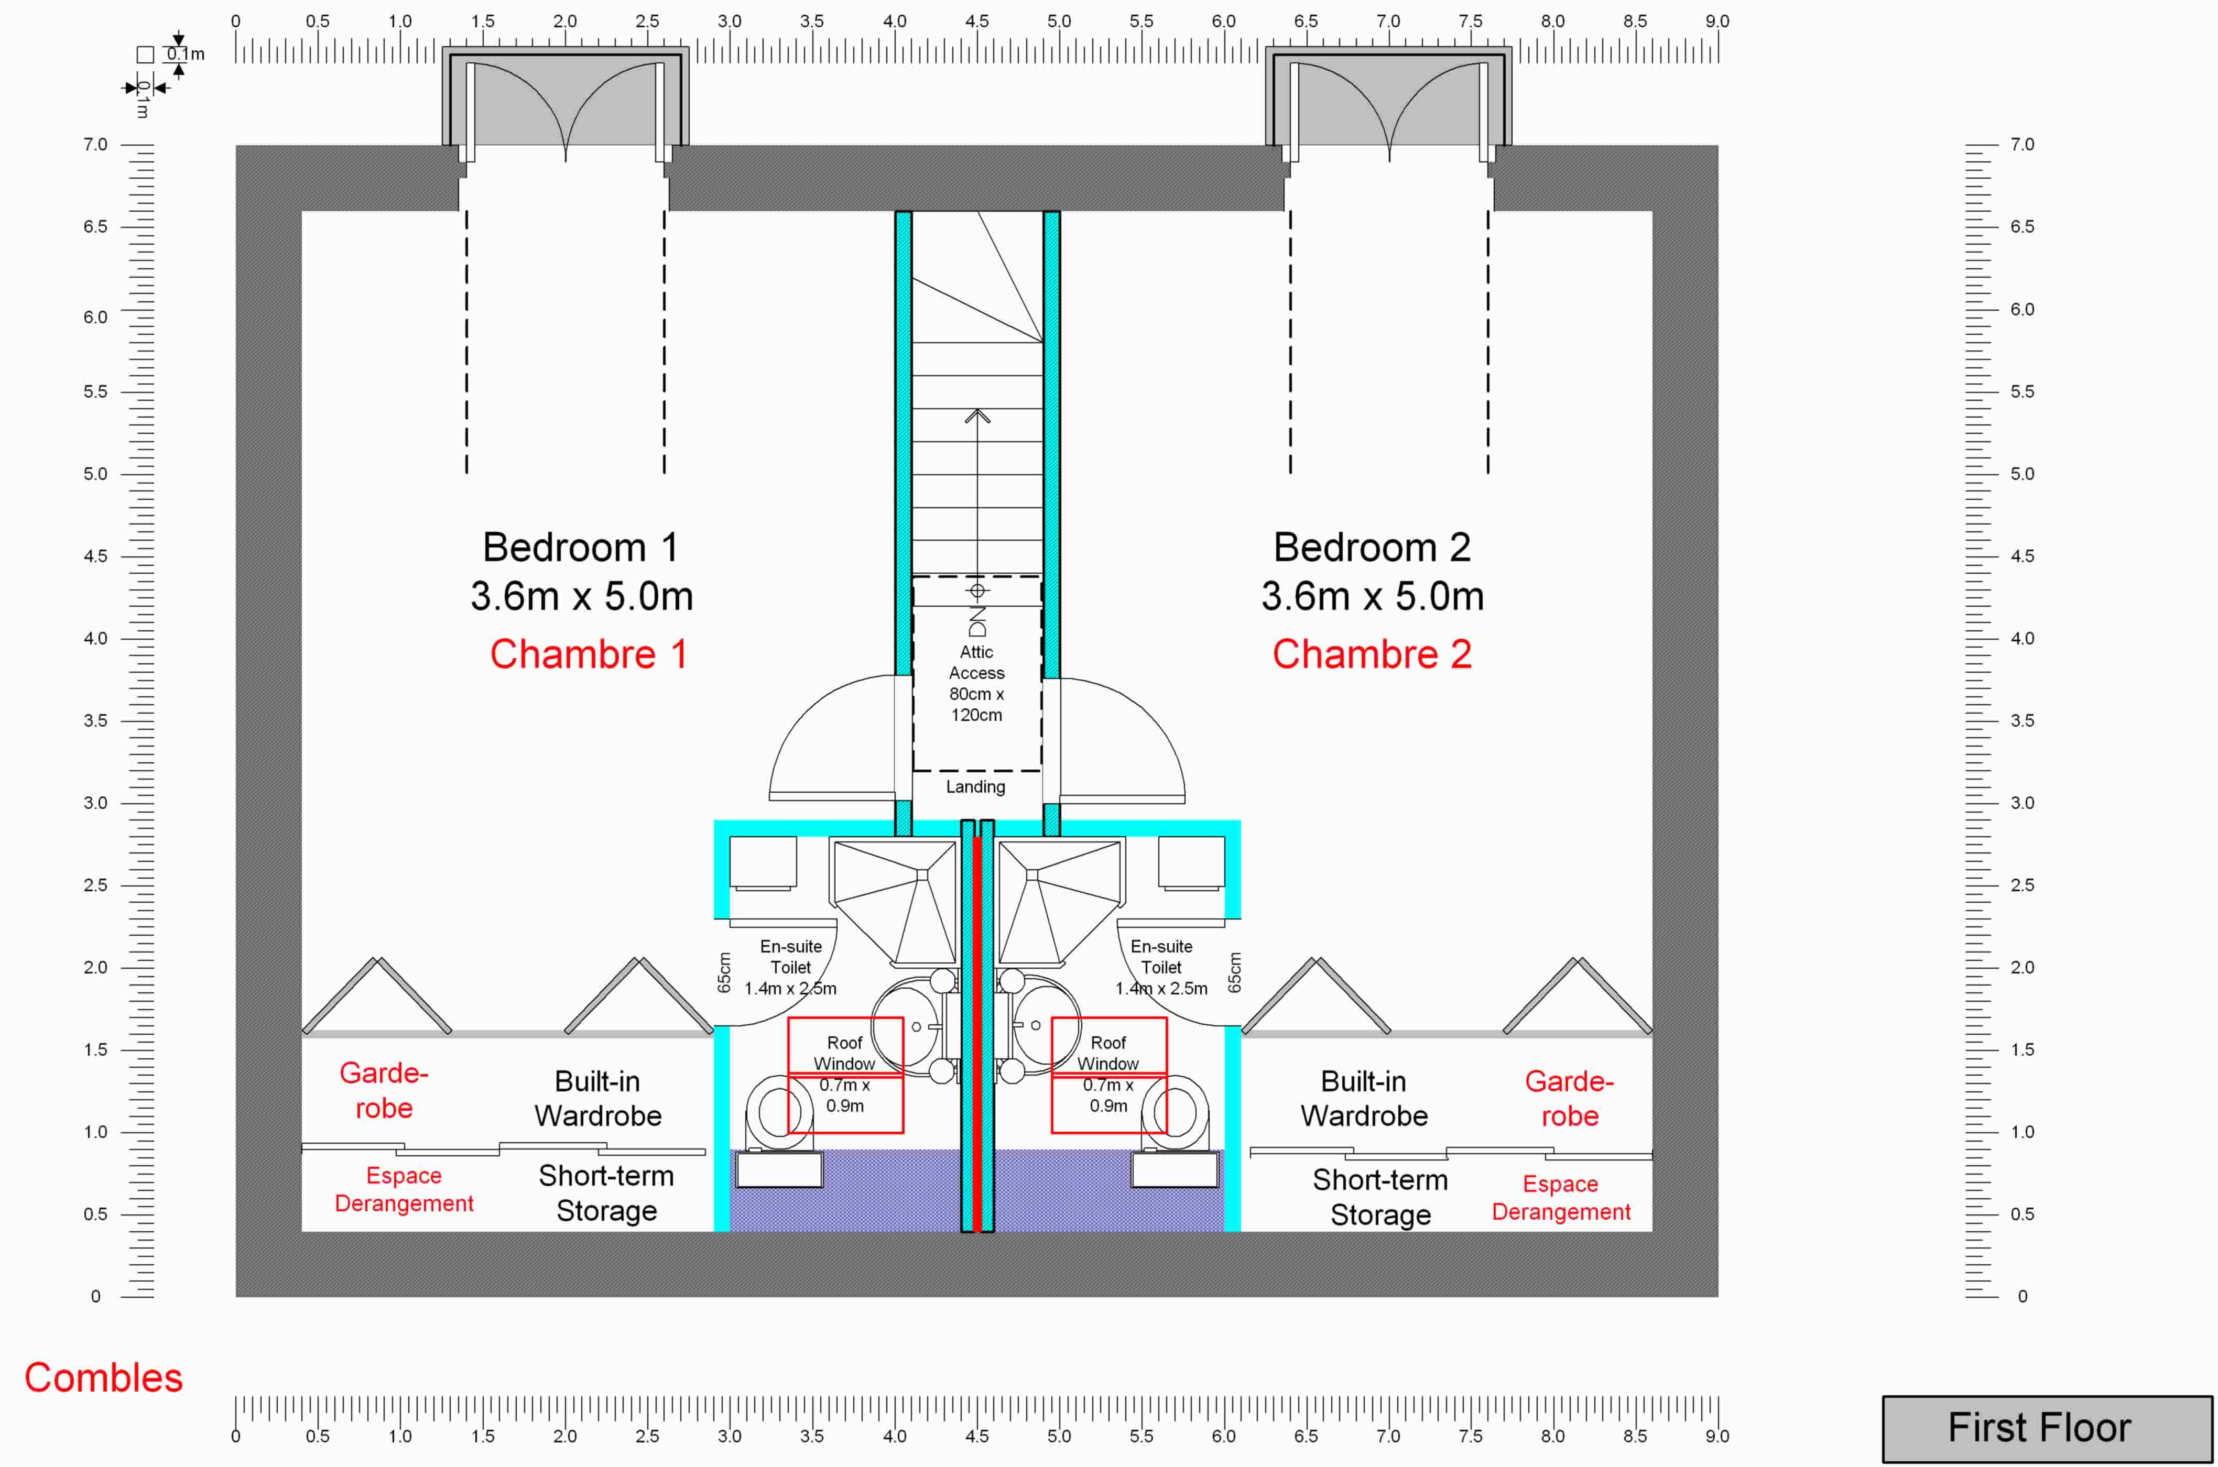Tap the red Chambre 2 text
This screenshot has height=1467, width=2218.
[1372, 654]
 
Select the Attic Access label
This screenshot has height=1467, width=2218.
[976, 662]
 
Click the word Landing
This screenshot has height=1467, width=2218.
[975, 787]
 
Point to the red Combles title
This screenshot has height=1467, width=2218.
[103, 1378]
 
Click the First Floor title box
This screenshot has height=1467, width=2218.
[2047, 1428]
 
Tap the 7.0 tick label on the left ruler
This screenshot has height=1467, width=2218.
[95, 144]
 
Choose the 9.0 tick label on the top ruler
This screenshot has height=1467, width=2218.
[1716, 20]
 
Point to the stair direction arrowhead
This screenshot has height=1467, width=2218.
[977, 415]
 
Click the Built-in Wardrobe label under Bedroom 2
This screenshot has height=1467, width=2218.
[1364, 1098]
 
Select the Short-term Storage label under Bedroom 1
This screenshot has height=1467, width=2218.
[606, 1193]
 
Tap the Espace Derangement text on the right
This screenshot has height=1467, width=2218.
[1561, 1198]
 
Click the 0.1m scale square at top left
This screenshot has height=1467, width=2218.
[145, 55]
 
